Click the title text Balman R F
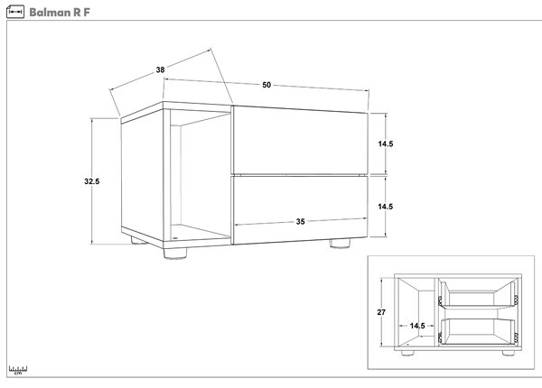click(60, 13)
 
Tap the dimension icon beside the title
click(15, 12)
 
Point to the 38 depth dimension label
click(160, 69)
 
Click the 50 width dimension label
click(266, 85)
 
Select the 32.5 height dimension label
click(92, 181)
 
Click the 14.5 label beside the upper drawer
click(386, 144)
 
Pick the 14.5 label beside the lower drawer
click(386, 207)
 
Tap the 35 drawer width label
click(301, 222)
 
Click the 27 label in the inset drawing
click(381, 312)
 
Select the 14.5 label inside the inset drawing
click(417, 326)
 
